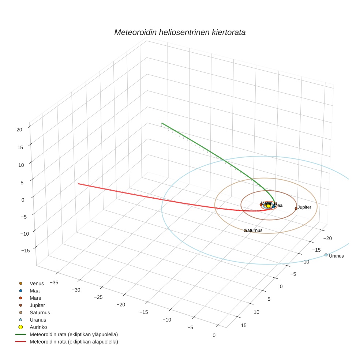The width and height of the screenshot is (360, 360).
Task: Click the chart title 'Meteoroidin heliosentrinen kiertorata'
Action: click(x=180, y=32)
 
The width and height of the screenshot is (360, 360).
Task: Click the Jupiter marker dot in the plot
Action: click(x=296, y=209)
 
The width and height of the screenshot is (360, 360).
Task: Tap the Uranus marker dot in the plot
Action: click(x=326, y=255)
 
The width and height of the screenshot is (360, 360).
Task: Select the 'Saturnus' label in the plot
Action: click(x=254, y=230)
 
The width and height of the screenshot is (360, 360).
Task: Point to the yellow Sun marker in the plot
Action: click(x=268, y=206)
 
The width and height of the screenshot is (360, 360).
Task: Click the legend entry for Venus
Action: click(x=37, y=283)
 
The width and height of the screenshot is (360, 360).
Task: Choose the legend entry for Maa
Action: click(x=35, y=290)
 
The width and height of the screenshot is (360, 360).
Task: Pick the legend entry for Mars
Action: click(x=35, y=298)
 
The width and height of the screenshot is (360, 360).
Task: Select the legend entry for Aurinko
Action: click(x=38, y=327)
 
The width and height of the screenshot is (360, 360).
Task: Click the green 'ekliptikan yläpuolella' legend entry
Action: click(x=74, y=334)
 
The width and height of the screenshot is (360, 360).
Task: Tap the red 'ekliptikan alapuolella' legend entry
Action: click(x=74, y=342)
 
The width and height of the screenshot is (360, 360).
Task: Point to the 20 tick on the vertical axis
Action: click(x=19, y=129)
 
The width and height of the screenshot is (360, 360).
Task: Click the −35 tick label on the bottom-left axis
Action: click(x=54, y=282)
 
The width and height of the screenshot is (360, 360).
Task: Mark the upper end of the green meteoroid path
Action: click(x=162, y=123)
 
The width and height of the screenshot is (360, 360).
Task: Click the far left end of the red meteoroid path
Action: click(x=78, y=183)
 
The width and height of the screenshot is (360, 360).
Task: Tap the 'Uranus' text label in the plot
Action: click(x=336, y=256)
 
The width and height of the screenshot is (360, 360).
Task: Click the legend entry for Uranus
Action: click(x=38, y=320)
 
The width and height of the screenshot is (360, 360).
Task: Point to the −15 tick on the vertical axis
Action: click(x=26, y=250)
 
